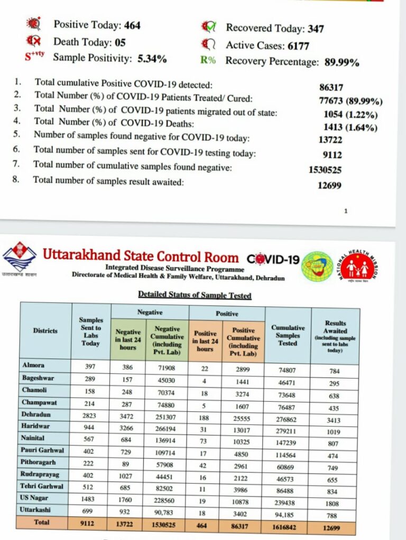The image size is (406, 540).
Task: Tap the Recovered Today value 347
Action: (316, 28)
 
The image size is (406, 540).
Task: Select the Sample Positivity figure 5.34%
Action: (152, 59)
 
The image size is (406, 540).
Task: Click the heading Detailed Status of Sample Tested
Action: (195, 295)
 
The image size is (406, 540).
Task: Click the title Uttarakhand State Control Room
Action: (141, 257)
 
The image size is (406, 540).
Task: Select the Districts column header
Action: (45, 331)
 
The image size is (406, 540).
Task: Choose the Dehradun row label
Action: (36, 414)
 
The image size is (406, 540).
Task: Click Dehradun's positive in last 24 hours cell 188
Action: (205, 415)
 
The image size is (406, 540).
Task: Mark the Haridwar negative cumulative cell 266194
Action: (167, 428)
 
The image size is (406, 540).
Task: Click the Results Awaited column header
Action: (335, 335)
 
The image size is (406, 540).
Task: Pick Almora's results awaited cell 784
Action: (335, 371)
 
